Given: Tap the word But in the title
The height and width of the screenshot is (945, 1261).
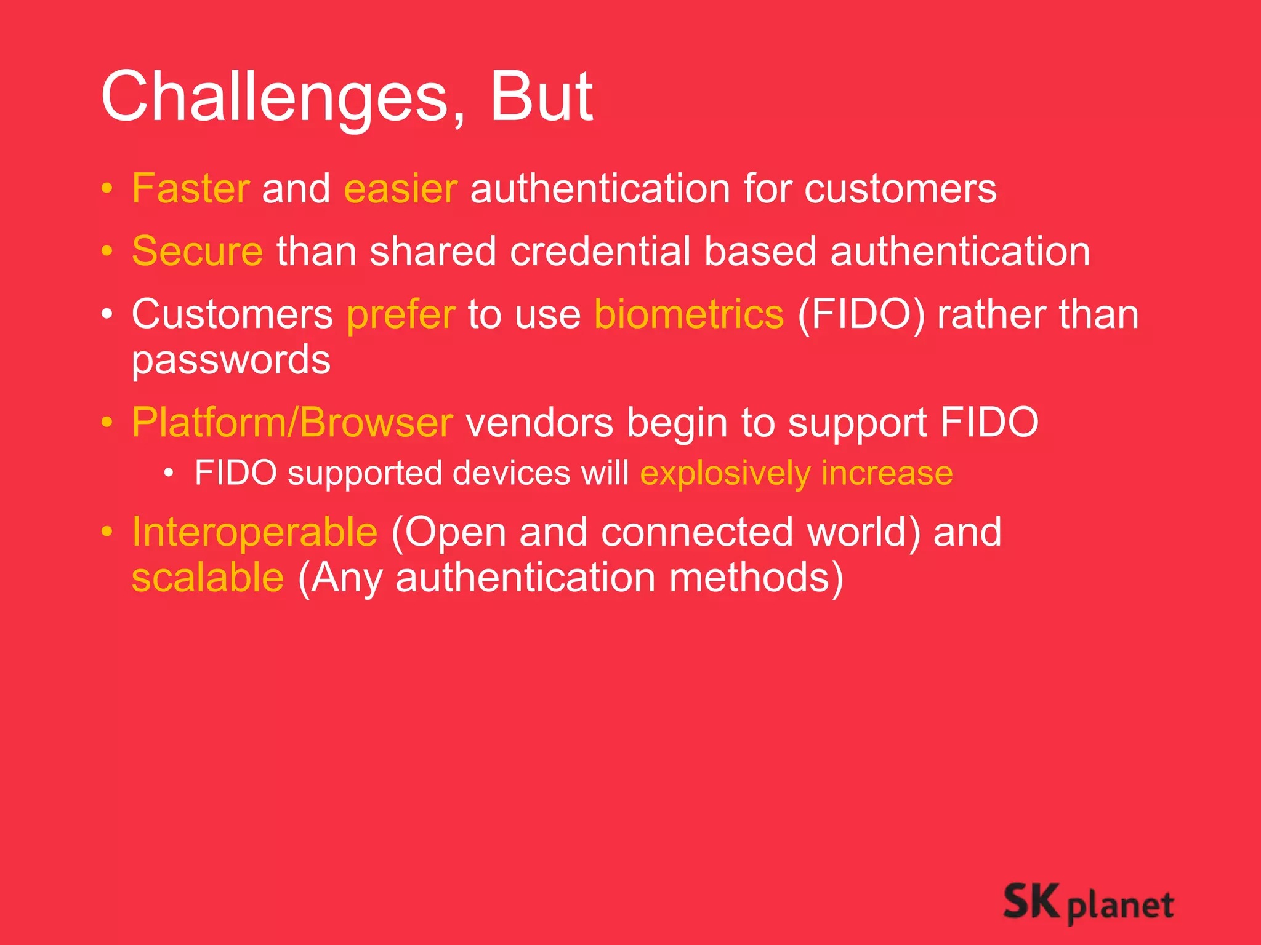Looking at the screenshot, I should (541, 97).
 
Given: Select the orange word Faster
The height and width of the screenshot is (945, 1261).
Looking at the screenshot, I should (191, 188).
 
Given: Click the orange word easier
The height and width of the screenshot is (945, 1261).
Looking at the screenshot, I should (401, 188).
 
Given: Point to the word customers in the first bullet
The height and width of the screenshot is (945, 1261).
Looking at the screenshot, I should (900, 188).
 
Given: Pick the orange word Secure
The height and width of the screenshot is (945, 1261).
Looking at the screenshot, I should (198, 252).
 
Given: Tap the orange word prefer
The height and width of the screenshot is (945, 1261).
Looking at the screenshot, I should (401, 315).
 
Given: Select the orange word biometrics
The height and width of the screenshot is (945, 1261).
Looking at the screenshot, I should (689, 315).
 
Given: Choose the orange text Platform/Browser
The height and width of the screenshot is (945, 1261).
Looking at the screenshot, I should (292, 423).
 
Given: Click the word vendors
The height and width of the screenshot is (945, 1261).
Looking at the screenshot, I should (539, 423).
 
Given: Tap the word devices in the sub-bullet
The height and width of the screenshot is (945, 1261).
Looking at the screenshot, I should (511, 473).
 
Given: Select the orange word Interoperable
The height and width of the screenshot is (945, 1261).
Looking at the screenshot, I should (255, 532).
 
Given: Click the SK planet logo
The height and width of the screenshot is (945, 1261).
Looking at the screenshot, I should (1088, 903).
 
